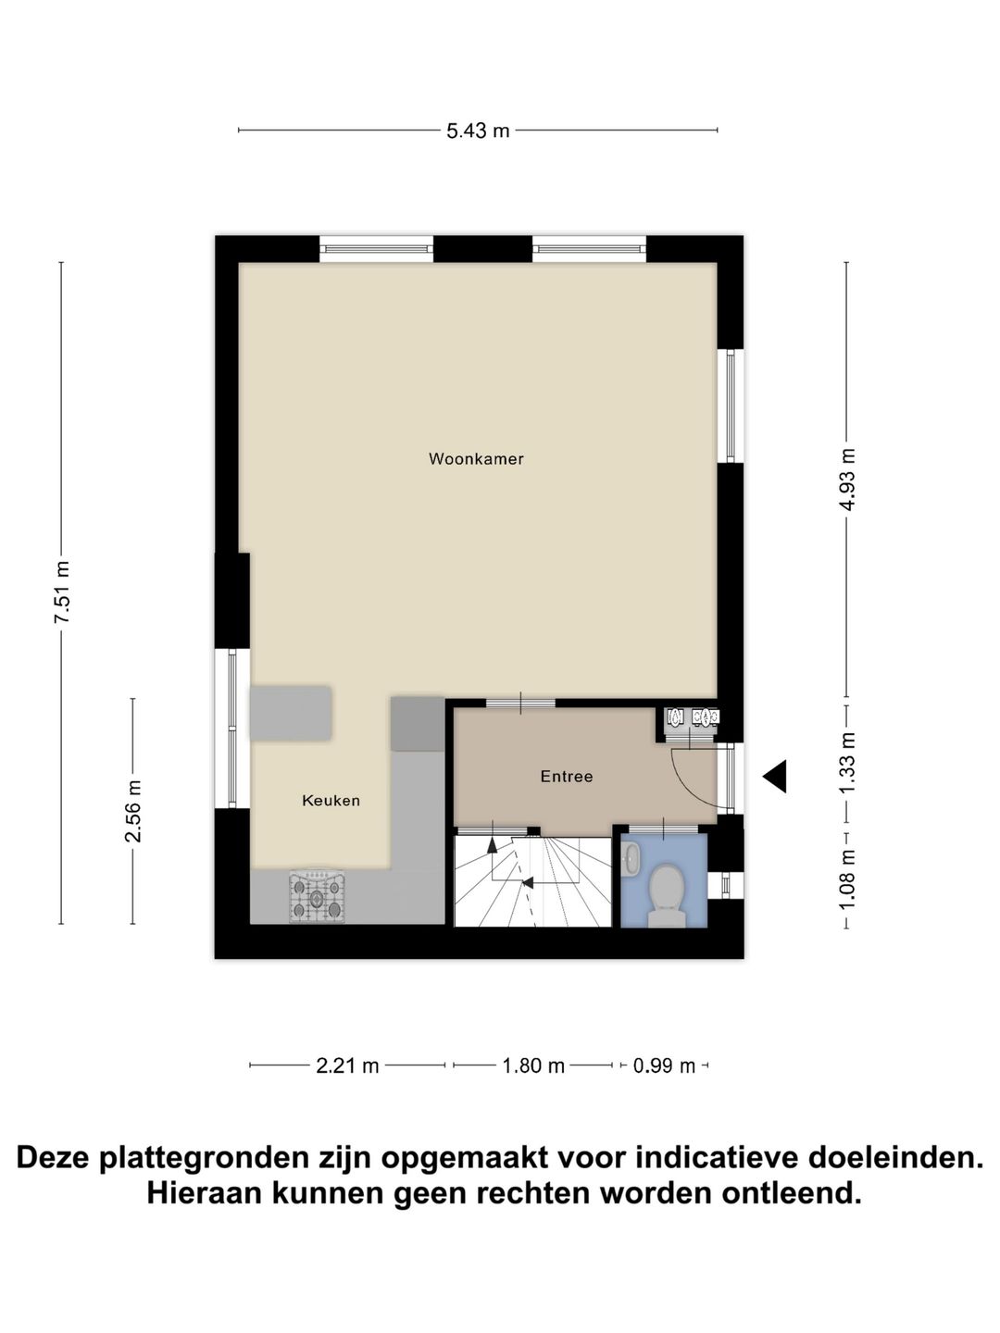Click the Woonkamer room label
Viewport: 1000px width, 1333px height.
point(476,459)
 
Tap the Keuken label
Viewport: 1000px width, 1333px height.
point(331,801)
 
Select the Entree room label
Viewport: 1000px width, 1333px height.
point(566,777)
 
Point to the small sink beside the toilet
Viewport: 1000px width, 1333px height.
point(631,858)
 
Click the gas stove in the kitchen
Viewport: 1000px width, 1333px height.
point(317,896)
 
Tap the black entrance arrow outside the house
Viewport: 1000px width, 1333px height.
point(775,776)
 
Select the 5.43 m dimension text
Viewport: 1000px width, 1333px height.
point(478,131)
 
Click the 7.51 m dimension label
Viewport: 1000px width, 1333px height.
point(62,592)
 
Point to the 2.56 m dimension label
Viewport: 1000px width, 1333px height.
point(133,811)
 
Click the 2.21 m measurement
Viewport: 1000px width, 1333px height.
point(347,1065)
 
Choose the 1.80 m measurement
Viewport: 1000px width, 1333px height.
point(533,1065)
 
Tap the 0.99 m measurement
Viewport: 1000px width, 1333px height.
point(664,1065)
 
